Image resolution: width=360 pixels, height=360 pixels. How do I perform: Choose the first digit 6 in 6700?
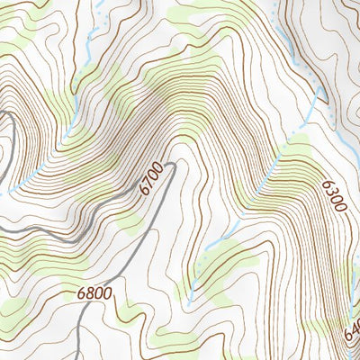point(144,191)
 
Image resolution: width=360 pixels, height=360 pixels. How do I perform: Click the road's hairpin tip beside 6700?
point(172,162)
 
